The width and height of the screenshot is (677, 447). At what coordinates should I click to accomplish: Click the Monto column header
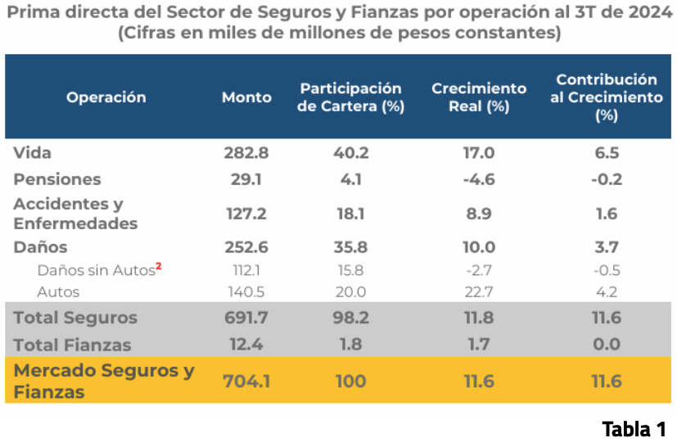pyautogui.click(x=246, y=97)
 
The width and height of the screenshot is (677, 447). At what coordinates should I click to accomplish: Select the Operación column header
pyautogui.click(x=106, y=97)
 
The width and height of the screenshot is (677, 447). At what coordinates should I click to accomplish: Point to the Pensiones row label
pyautogui.click(x=57, y=179)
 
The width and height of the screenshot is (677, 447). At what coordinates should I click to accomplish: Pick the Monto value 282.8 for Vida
pyautogui.click(x=246, y=153)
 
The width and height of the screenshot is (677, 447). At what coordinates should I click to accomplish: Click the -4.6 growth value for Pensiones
pyautogui.click(x=479, y=179)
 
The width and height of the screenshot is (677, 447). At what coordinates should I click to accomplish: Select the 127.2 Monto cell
pyautogui.click(x=246, y=214)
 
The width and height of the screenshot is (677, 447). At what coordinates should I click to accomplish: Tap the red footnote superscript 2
pyautogui.click(x=159, y=265)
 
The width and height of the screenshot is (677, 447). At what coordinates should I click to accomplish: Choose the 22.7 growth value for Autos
pyautogui.click(x=479, y=291)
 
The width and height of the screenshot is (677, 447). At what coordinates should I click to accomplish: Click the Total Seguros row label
pyautogui.click(x=75, y=318)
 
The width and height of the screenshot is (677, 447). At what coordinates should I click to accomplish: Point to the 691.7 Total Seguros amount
pyautogui.click(x=246, y=318)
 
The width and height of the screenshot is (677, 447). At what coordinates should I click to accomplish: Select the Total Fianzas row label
pyautogui.click(x=72, y=345)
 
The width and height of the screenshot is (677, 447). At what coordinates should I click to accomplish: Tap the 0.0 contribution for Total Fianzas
pyautogui.click(x=607, y=345)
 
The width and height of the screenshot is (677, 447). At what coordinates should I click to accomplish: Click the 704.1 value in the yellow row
pyautogui.click(x=246, y=382)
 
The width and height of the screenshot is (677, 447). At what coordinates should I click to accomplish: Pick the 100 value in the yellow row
pyautogui.click(x=350, y=382)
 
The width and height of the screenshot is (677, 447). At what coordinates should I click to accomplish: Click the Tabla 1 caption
pyautogui.click(x=634, y=429)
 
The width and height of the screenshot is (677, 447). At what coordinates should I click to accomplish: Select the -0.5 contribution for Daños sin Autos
pyautogui.click(x=607, y=270)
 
